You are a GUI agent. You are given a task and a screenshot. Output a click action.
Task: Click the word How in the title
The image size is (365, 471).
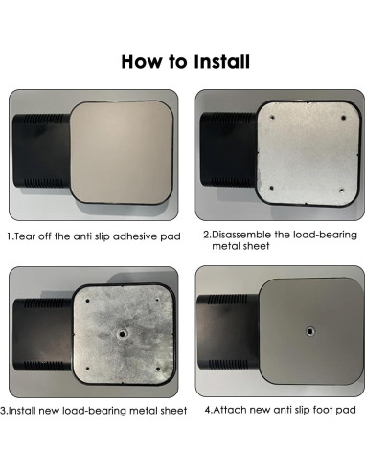(142, 61)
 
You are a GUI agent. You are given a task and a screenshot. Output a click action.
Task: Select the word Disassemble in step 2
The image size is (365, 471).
(242, 235)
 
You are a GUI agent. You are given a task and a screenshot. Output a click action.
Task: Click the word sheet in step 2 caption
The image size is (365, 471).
(257, 246)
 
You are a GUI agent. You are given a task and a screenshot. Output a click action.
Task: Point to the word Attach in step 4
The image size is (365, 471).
(229, 410)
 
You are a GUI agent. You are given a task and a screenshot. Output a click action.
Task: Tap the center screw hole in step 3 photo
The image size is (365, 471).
(122, 334)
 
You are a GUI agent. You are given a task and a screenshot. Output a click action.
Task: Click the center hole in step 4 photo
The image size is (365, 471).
(309, 331)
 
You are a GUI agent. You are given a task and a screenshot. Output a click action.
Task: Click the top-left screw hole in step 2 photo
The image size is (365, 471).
(272, 118)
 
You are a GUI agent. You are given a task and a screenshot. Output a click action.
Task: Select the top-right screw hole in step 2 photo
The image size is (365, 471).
(343, 118)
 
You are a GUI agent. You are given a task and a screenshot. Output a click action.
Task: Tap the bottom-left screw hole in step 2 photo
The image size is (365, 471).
(271, 189)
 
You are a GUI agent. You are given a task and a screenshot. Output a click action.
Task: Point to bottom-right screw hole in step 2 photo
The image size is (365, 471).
(341, 191)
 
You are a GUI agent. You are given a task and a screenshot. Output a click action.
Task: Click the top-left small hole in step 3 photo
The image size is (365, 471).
(88, 301)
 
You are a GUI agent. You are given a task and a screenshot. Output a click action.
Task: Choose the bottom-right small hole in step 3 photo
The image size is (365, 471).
(158, 369)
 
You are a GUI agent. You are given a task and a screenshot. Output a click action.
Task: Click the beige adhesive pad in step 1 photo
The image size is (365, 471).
(122, 152)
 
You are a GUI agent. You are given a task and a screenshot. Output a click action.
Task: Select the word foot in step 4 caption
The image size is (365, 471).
(320, 410)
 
